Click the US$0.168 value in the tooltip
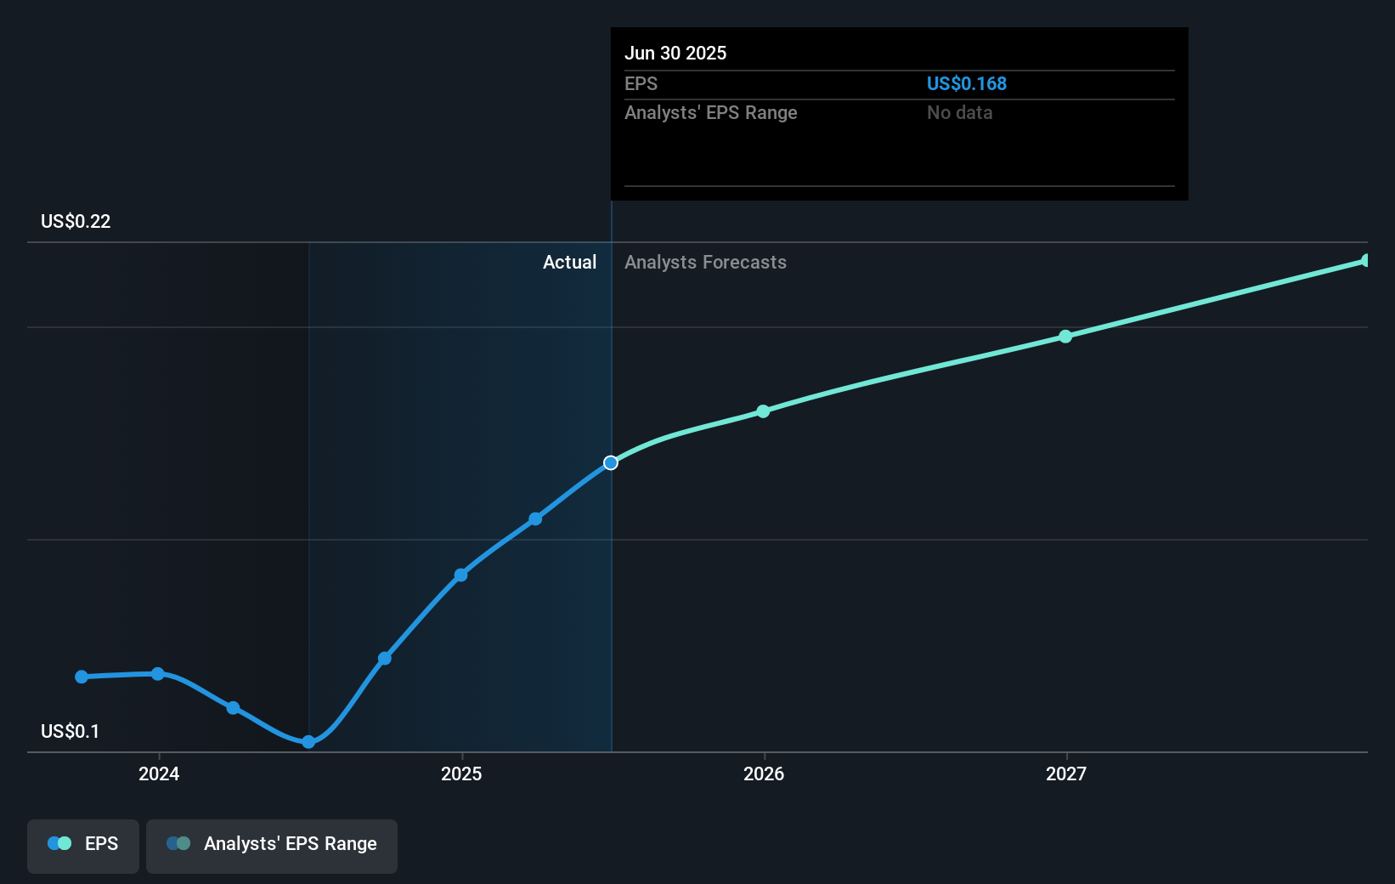tap(966, 83)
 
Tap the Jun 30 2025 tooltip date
tap(675, 53)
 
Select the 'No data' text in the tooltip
tap(959, 112)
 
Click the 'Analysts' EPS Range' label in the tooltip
tap(710, 112)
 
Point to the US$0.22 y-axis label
tap(76, 221)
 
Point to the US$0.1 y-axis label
tap(70, 731)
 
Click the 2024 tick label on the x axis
tap(159, 773)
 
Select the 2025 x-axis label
tap(461, 773)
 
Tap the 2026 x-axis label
tap(764, 773)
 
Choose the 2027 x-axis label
tap(1066, 773)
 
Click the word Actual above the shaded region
tap(569, 262)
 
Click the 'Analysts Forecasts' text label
tap(705, 262)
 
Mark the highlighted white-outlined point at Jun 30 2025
tap(611, 462)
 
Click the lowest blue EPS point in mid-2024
tap(308, 742)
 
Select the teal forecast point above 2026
tap(763, 411)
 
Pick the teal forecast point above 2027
tap(1065, 337)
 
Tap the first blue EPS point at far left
tap(82, 677)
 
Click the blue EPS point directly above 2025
tap(460, 575)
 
